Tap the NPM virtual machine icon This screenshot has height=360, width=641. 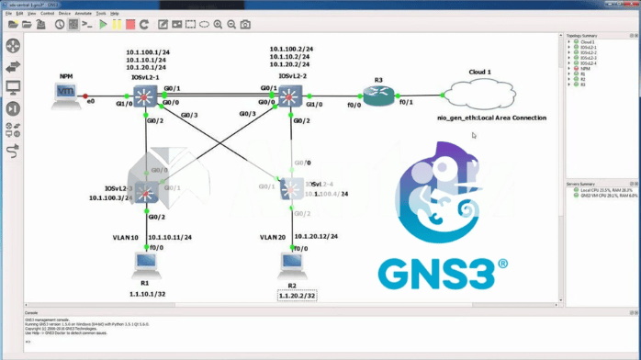click(65, 95)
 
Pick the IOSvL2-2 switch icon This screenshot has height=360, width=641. click(290, 97)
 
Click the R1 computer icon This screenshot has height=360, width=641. click(145, 265)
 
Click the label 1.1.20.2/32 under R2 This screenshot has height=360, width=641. click(298, 296)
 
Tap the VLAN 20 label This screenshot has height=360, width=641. click(273, 237)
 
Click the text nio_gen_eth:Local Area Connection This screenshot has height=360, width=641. click(492, 118)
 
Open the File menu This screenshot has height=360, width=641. click(8, 14)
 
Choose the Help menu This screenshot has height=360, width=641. click(114, 14)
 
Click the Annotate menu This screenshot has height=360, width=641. click(83, 14)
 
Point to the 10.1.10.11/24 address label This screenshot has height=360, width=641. click(170, 237)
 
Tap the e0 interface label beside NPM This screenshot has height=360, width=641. click(91, 103)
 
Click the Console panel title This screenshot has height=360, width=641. click(31, 313)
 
